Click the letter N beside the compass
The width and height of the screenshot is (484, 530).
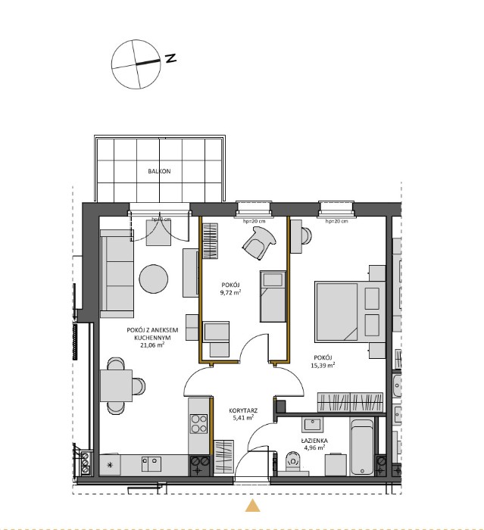(x=171, y=58)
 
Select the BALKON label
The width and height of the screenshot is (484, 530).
(x=159, y=172)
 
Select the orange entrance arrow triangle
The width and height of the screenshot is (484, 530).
(x=254, y=506)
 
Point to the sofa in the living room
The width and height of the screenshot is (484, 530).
(x=117, y=275)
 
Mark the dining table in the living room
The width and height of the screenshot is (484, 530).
(x=115, y=386)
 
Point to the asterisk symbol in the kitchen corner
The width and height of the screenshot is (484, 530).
(x=111, y=463)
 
